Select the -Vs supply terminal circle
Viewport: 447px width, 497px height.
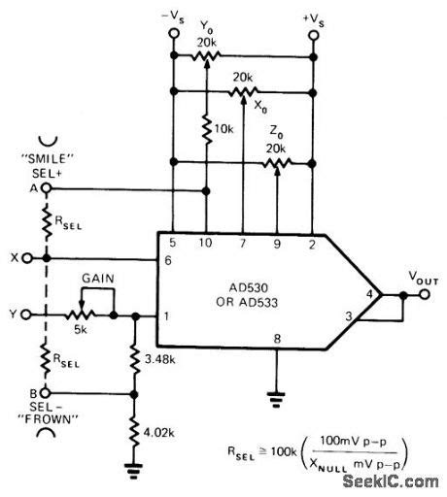(x=172, y=34)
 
